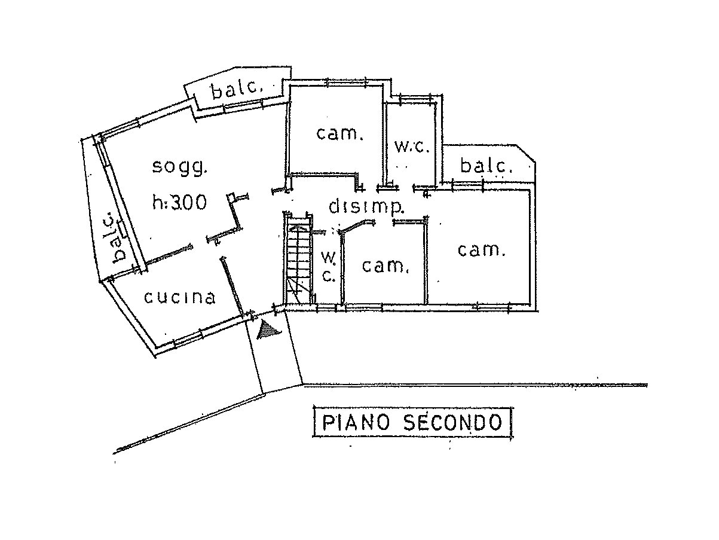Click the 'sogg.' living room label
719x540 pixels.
point(179,167)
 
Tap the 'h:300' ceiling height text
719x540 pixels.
point(179,203)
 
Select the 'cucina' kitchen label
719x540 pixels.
point(180,297)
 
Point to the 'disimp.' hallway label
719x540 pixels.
point(367,207)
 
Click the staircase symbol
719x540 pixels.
point(298,260)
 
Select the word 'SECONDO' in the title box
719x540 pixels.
point(451,423)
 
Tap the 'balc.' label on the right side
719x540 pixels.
point(486,166)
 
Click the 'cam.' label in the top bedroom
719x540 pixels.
point(339,134)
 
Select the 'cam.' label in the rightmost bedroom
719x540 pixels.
point(482,250)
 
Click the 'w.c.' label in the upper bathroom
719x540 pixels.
point(412,147)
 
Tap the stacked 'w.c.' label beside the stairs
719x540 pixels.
point(329,267)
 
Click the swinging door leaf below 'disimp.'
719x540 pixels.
point(356,225)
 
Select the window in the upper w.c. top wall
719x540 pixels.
point(415,96)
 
